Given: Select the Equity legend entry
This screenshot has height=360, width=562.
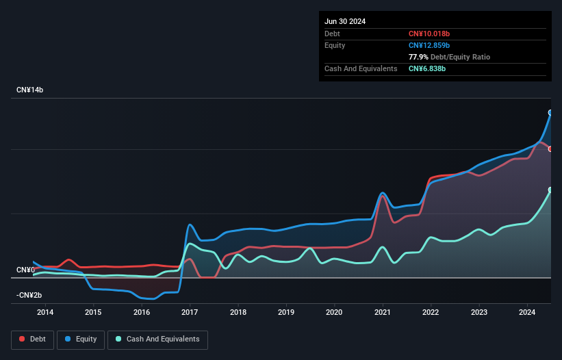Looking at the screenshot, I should pos(80,339).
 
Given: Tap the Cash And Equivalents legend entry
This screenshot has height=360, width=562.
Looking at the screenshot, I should pos(157,339).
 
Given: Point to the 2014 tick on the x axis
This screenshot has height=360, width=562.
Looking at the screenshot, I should pos(45,313).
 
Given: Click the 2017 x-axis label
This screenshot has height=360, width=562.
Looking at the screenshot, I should pos(190,313).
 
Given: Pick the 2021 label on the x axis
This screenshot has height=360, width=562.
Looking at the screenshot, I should pos(383,313).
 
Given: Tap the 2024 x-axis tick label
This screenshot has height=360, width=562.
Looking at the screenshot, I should pos(527,313).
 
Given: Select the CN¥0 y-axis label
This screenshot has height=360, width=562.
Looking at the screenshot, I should pos(25,270).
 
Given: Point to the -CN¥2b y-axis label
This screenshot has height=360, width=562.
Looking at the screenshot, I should pos(29,295).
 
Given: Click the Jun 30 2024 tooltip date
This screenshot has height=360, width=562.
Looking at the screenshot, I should pos(345,21).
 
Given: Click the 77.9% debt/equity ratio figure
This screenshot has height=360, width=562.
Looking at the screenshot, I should pos(419,57).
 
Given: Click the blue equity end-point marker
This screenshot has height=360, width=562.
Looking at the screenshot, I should pos(550,112).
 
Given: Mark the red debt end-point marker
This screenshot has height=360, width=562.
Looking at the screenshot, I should pos(550,149).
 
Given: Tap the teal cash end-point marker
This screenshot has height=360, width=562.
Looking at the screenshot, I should pos(550,190).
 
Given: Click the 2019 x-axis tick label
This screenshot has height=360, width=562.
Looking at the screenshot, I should pos(286,313).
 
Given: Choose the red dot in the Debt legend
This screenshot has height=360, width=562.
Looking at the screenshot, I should pos(23,339).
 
